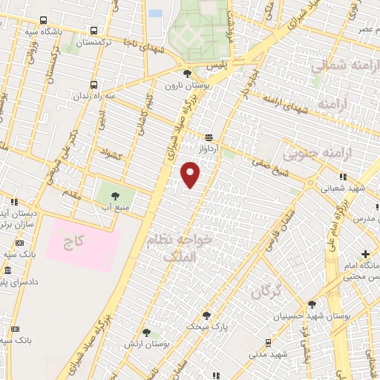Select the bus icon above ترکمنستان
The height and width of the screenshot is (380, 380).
(94, 30)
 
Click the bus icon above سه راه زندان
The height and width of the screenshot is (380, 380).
(94, 85)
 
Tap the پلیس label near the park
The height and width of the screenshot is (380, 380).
(215, 66)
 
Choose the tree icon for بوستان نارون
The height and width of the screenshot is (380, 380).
(187, 73)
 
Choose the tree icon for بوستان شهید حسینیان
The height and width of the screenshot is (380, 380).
(312, 304)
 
